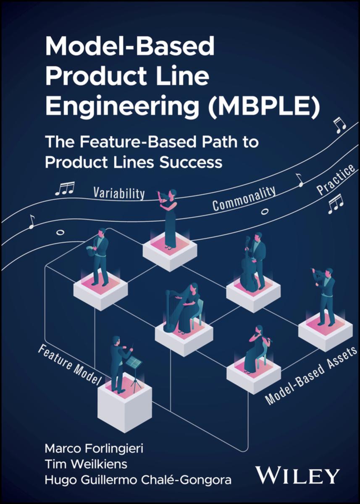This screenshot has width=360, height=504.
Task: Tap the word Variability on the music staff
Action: point(119,193)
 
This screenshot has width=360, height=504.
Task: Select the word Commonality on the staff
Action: point(244,198)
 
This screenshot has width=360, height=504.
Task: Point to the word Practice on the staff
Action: point(336,180)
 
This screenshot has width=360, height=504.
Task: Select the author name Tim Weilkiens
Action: point(81,464)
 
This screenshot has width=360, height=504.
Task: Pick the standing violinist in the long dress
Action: point(170,218)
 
